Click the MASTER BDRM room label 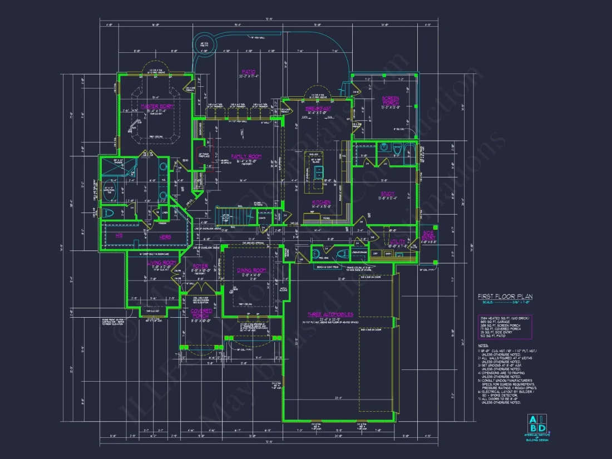(x=157, y=106)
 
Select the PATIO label (x=248, y=72)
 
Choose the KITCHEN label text (x=321, y=202)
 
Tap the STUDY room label (x=387, y=194)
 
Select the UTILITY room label (x=397, y=241)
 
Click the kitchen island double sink (x=318, y=172)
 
